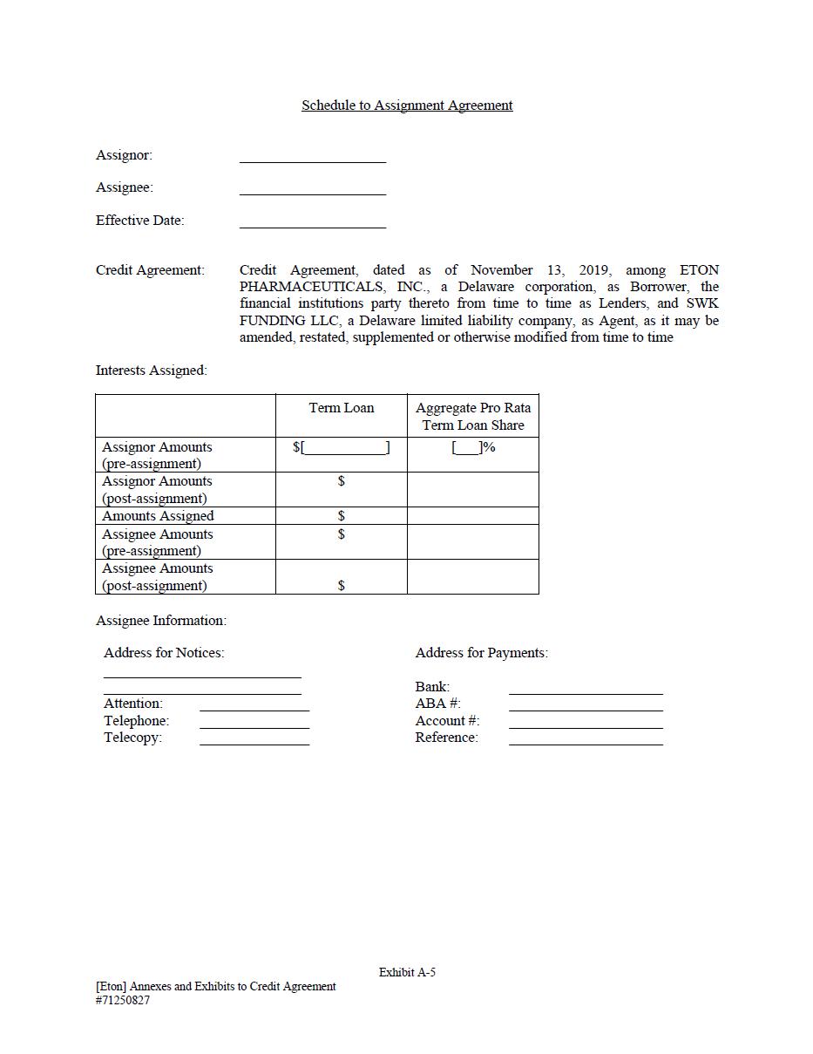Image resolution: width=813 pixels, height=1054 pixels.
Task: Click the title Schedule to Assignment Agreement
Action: [x=407, y=105]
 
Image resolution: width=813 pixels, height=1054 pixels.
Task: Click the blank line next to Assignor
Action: [x=312, y=160]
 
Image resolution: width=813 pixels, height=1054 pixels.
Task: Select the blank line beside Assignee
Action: [x=312, y=193]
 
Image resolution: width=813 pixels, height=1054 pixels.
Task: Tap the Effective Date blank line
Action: [x=312, y=226]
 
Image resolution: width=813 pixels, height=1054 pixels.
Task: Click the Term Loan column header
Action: [x=341, y=408]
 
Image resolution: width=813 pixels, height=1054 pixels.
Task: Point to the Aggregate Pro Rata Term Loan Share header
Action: [x=473, y=417]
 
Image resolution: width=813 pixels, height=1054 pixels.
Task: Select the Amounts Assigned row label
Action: [x=158, y=516]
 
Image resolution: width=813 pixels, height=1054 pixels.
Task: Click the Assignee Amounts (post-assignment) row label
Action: [x=157, y=577]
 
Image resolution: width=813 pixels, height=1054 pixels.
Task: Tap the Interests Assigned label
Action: [x=152, y=371]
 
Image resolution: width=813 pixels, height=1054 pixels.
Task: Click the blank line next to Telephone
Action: [x=254, y=725]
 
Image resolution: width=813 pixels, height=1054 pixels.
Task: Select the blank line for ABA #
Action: [x=586, y=709]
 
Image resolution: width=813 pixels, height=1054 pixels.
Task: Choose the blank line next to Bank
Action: [x=586, y=692]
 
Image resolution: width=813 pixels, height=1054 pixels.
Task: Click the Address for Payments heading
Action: [x=481, y=653]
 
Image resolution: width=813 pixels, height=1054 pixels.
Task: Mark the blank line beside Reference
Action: [x=586, y=743]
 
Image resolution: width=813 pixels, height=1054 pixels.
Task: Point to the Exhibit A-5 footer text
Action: [x=407, y=972]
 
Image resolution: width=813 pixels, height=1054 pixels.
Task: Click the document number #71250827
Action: [x=123, y=1001]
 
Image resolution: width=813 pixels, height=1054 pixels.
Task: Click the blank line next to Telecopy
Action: [x=254, y=743]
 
